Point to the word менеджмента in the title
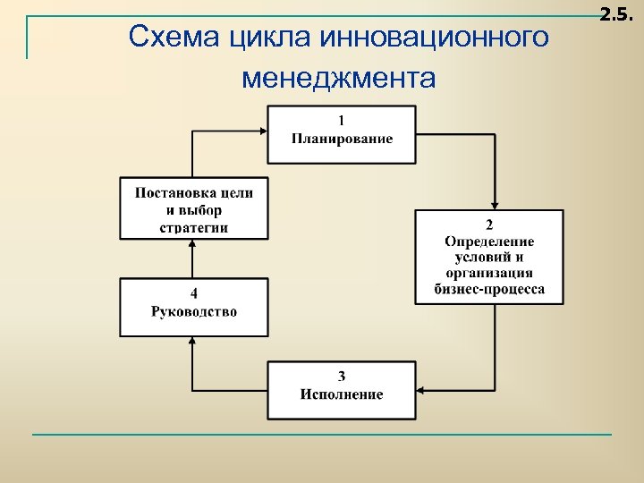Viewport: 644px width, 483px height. (x=338, y=80)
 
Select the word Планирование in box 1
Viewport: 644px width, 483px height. (x=342, y=139)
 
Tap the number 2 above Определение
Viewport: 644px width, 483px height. (x=489, y=225)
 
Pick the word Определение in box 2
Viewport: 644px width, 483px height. (x=489, y=241)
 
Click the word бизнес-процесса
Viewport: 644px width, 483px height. (x=489, y=289)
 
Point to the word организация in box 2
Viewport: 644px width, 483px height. (x=489, y=273)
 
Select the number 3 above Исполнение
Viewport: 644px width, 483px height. (x=342, y=376)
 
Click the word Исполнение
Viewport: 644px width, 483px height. (x=342, y=394)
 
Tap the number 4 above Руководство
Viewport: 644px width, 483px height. (x=194, y=293)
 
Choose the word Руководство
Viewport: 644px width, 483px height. (x=194, y=311)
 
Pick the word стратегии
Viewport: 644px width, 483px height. (x=194, y=226)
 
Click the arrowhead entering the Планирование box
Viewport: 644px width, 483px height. (x=262, y=131)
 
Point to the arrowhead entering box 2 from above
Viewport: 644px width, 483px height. (x=496, y=205)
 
